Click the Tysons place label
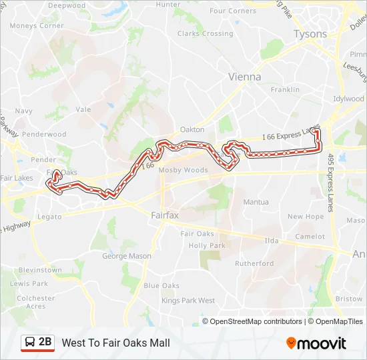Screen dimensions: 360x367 pos(310,34)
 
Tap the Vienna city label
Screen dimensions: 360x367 pos(245,77)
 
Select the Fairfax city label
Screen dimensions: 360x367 pos(165,215)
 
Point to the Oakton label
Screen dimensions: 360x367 pos(192,130)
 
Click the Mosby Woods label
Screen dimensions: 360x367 pos(183,170)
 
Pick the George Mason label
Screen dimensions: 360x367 pos(127,256)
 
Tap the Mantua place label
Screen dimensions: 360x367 pos(256,202)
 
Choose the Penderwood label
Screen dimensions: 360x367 pos(45,134)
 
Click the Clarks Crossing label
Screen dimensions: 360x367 pos(206,34)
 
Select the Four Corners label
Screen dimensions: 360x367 pos(233,11)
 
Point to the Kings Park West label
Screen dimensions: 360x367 pos(188,301)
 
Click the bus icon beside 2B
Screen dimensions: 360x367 pos(29,343)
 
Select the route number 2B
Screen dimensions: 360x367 pos(45,342)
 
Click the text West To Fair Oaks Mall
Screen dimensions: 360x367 pos(116,343)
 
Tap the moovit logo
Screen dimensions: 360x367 pos(316,343)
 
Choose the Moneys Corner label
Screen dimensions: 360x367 pos(37,26)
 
